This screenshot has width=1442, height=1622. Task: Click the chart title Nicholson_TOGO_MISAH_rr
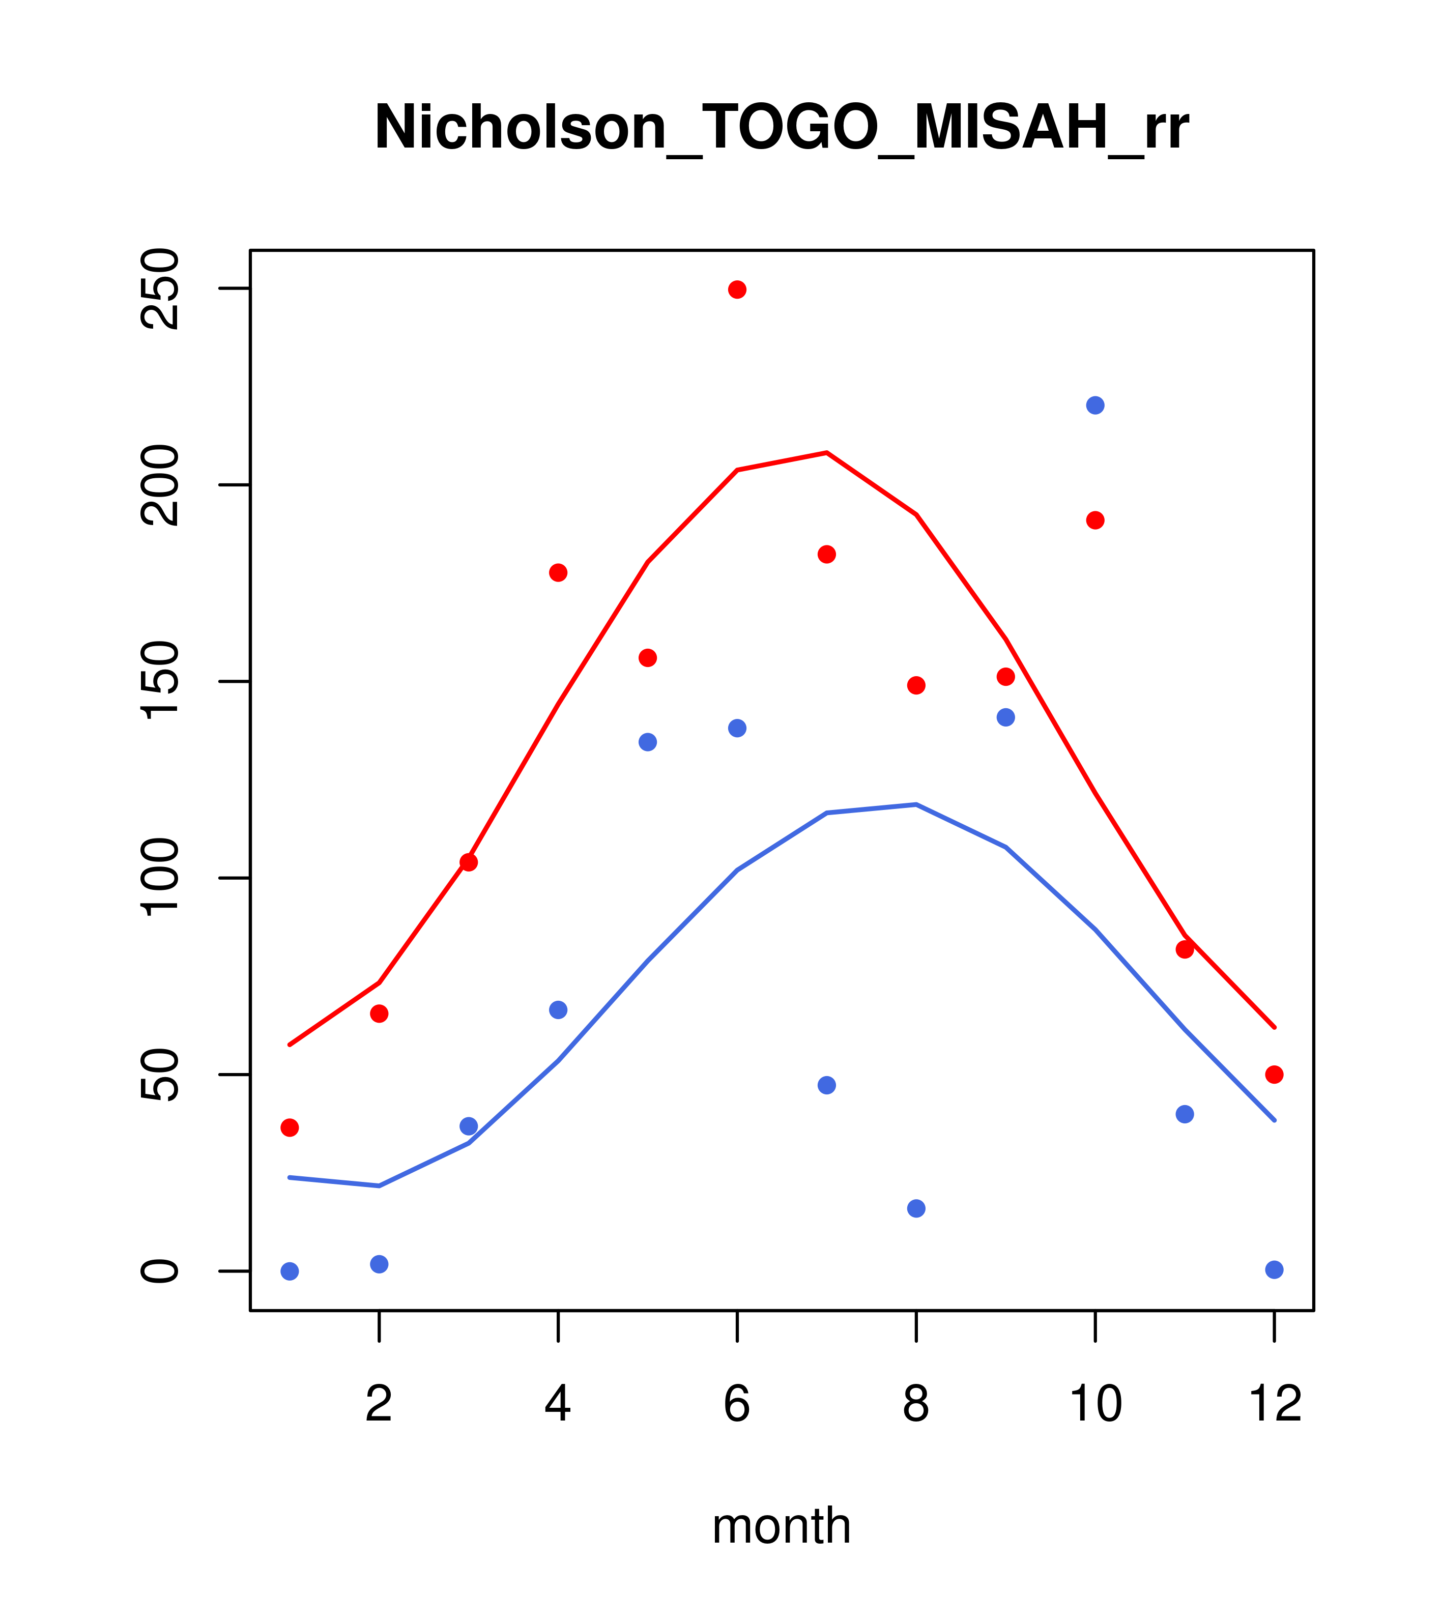[781, 128]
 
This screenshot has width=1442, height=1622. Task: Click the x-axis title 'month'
[781, 1526]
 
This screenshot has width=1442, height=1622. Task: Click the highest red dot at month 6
[737, 289]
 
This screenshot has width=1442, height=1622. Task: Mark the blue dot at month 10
[1095, 405]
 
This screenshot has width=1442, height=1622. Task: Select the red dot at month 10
[1095, 520]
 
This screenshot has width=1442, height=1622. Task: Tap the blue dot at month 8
[916, 1208]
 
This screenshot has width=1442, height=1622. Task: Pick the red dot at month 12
[1275, 1075]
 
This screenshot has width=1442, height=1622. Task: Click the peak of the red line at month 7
[827, 453]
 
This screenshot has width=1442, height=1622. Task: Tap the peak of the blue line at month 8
[916, 805]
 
